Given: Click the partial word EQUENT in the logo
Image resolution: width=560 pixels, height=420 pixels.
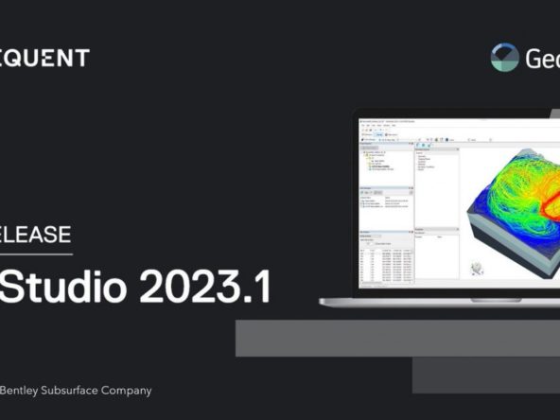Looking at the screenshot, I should [x=44, y=58].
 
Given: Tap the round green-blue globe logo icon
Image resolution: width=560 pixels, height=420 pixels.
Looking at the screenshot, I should [x=505, y=58].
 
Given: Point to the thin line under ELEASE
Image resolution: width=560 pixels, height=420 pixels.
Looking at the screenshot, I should [x=35, y=254].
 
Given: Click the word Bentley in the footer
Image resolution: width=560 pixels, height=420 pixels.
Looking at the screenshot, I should [x=21, y=390].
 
